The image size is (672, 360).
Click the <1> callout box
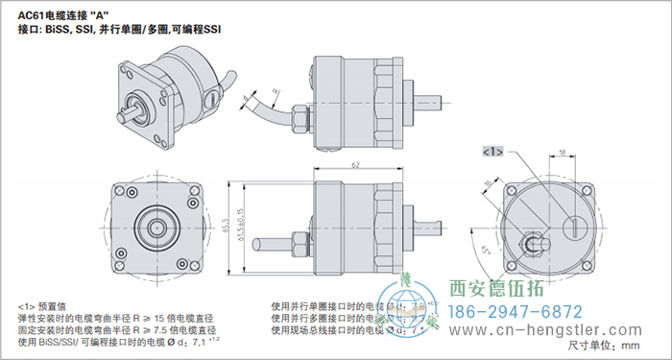point(492,152)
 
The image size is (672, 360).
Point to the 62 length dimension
point(355,166)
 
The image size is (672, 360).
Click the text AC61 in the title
point(32,13)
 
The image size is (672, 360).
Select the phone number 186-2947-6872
point(516,312)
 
